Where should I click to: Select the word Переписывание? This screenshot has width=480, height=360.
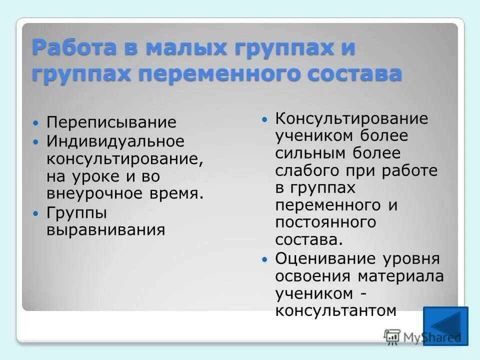[111, 122]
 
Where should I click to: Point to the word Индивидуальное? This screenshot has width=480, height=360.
[115, 141]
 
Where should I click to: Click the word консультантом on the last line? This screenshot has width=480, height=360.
[336, 310]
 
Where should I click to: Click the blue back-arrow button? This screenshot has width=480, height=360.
[445, 326]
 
